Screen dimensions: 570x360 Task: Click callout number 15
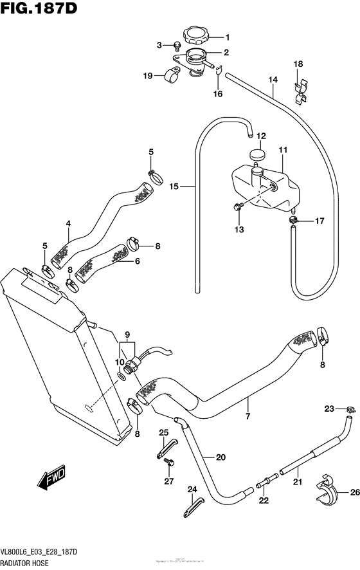[173, 187]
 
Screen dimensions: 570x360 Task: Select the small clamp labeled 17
[294, 221]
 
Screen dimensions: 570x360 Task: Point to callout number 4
[67, 225]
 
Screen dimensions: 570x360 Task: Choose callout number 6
[137, 261]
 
